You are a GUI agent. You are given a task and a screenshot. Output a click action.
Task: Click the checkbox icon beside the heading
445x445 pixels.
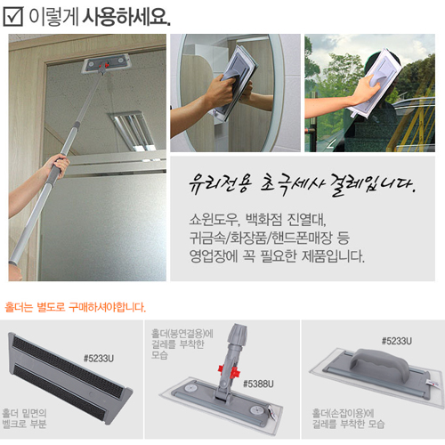click(13, 16)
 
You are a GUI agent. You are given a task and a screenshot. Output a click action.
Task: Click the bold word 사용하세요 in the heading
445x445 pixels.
click(126, 17)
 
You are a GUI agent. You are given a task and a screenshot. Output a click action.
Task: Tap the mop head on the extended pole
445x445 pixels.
click(105, 63)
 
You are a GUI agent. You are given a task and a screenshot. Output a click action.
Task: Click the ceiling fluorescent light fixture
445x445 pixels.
click(133, 131)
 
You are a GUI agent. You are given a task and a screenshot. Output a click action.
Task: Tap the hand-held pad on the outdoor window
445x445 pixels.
click(376, 83)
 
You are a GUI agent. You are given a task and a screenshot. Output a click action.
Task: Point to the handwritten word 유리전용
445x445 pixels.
click(221, 184)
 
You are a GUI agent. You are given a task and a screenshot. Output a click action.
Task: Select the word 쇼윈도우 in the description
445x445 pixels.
click(214, 220)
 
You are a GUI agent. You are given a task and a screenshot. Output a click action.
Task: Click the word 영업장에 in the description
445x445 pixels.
click(214, 256)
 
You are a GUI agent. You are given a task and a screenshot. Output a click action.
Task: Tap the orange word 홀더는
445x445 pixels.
click(19, 307)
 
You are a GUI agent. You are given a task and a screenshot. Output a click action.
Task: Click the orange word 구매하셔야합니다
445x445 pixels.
click(108, 307)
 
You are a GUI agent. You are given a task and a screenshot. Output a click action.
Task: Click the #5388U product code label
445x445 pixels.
click(258, 384)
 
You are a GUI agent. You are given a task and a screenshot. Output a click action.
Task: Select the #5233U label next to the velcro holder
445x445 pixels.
click(99, 359)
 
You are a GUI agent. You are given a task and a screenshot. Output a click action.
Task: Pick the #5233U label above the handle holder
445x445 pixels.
click(397, 341)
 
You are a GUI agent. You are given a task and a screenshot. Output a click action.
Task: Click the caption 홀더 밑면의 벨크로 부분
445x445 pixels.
click(24, 418)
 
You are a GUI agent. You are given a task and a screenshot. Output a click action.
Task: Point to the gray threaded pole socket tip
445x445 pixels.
click(238, 334)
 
